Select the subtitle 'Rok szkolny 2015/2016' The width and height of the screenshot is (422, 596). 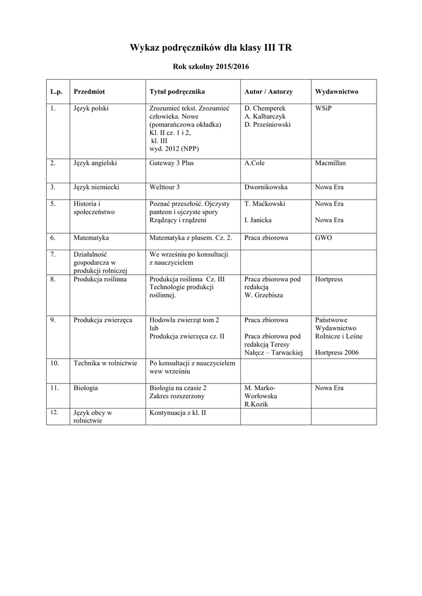[211, 67]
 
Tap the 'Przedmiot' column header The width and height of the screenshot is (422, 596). [89, 92]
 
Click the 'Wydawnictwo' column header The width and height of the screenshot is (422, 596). [336, 92]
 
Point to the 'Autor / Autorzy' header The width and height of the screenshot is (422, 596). [268, 92]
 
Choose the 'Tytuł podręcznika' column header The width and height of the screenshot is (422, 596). [177, 92]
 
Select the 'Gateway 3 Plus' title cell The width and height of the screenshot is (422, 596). [171, 163]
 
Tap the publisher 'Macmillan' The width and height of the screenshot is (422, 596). [330, 163]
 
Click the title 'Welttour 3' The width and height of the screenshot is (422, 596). [165, 187]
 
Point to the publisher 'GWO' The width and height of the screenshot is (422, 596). [324, 238]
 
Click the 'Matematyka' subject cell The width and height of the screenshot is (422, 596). [91, 238]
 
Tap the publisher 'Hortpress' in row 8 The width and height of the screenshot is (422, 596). [329, 279]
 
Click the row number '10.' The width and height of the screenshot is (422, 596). [55, 363]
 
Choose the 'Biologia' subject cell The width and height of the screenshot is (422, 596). [86, 388]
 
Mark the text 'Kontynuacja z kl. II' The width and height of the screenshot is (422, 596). [178, 413]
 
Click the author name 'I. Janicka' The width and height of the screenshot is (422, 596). [257, 221]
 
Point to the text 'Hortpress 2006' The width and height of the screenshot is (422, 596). [337, 353]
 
